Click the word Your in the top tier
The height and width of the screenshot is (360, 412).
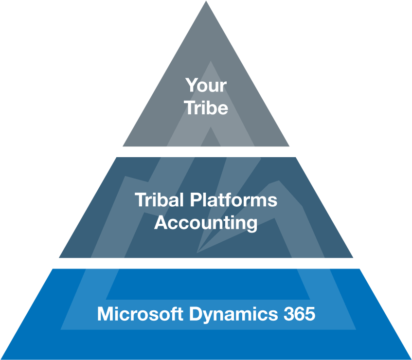click(206, 85)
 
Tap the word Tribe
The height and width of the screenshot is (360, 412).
click(206, 108)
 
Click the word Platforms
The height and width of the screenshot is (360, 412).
click(233, 200)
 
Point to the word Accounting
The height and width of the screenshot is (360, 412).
click(206, 223)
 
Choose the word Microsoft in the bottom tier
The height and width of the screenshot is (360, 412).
click(140, 313)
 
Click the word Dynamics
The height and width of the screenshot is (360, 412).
click(233, 314)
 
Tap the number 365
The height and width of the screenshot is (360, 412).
click(299, 314)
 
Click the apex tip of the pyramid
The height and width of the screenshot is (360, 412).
click(206, 1)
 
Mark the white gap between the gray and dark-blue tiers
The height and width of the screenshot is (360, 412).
click(206, 152)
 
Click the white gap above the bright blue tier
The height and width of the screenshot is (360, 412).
click(206, 263)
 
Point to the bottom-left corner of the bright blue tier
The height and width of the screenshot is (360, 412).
click(0, 359)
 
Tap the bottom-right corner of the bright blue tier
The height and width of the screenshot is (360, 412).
click(411, 359)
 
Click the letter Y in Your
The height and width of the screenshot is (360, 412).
click(191, 85)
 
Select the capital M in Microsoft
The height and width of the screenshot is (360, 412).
click(104, 313)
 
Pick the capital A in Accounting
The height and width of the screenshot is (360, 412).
click(161, 222)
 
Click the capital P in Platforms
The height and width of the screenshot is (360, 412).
click(196, 200)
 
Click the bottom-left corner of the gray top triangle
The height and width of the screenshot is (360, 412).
click(123, 146)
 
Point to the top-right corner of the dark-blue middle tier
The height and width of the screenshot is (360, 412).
click(296, 158)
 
